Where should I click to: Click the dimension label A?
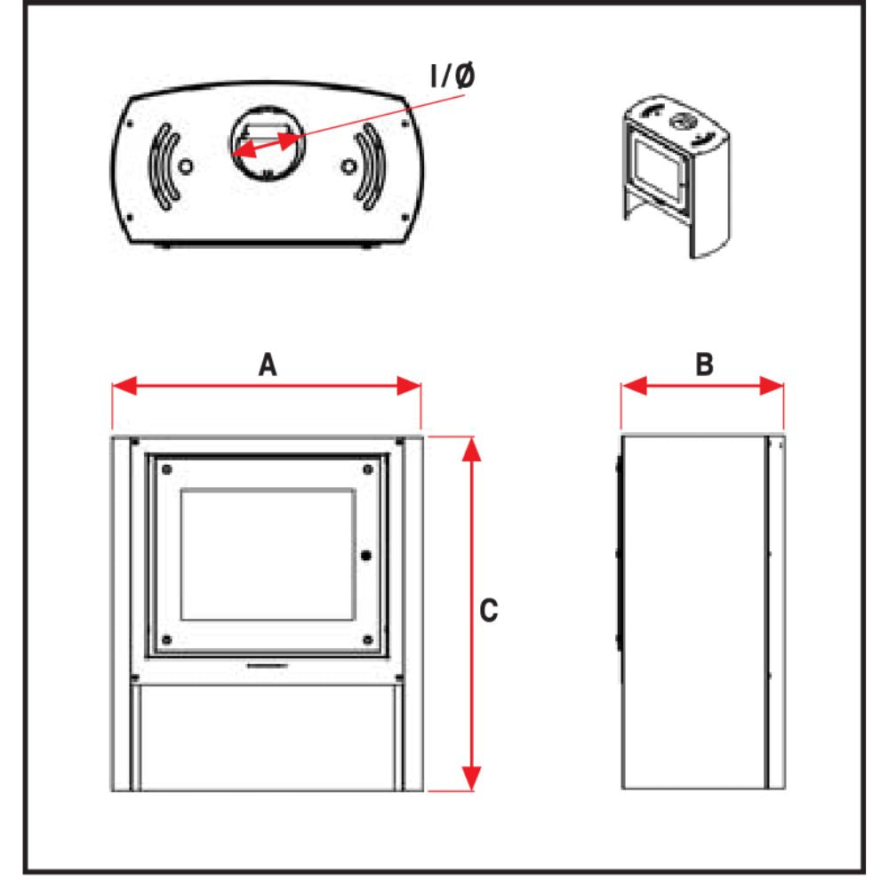[266, 364]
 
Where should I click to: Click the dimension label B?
[704, 364]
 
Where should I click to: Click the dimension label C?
[488, 611]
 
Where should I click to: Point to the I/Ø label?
[453, 76]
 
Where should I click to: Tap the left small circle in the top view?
[184, 167]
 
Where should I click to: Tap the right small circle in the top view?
[349, 167]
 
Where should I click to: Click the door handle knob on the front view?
[366, 555]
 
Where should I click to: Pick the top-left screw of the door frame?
[166, 469]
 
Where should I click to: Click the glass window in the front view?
[267, 553]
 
